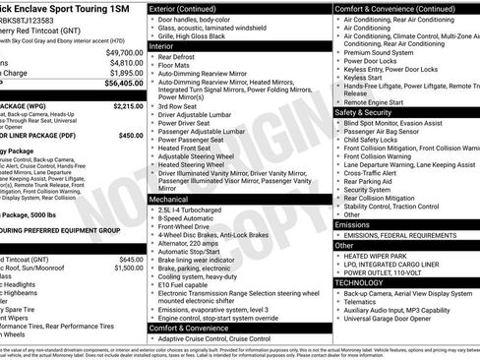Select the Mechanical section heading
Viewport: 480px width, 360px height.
click(171, 199)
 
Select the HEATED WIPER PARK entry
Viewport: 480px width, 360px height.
click(375, 256)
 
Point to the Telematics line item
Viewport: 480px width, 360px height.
click(363, 303)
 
